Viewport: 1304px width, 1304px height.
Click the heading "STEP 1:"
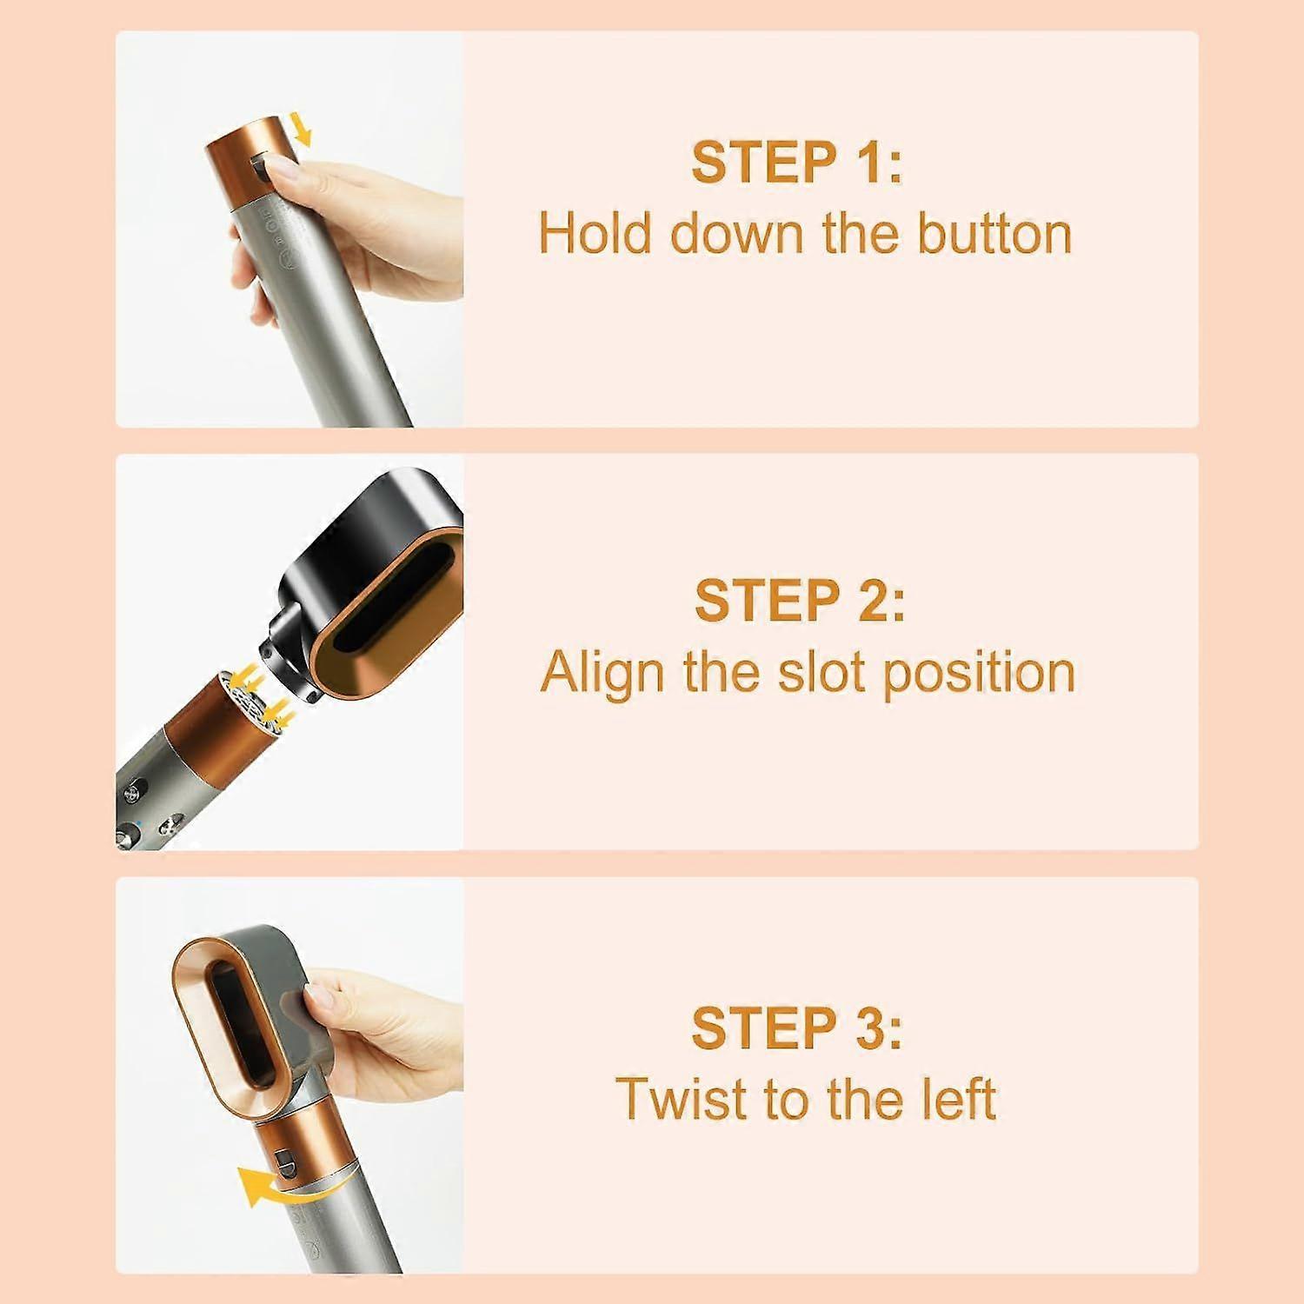(796, 163)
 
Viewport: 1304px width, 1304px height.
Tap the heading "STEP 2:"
(799, 600)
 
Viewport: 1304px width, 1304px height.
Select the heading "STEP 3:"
(796, 1028)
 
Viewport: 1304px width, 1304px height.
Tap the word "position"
(978, 674)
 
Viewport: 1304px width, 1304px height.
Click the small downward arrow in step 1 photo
(302, 130)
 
